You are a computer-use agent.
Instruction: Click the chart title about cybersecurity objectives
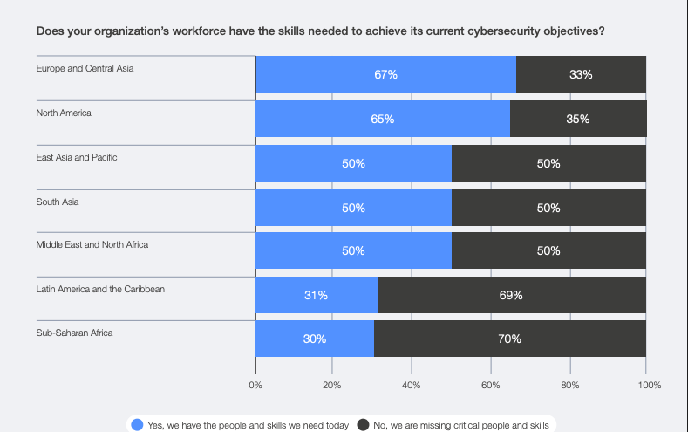321,31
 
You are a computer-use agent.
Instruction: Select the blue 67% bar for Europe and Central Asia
385,74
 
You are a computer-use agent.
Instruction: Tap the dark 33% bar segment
581,74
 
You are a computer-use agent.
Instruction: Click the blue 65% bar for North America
382,119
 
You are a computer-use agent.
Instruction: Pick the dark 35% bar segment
577,119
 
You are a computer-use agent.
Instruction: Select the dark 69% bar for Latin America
511,295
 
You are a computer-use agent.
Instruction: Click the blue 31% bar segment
316,295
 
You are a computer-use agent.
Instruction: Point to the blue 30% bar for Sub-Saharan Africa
314,339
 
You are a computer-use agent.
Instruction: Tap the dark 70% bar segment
509,339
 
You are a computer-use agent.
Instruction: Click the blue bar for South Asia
353,208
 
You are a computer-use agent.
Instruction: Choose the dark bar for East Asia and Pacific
548,163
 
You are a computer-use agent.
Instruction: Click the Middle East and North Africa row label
92,244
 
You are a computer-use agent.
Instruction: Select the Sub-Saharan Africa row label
74,333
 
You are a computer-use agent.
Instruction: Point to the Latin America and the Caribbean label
100,289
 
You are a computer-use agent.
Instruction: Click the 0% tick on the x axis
255,384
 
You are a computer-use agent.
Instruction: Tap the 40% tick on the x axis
412,384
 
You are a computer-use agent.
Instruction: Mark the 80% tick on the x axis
569,384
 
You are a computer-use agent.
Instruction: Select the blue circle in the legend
137,425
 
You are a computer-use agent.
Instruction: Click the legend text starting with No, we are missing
460,425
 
